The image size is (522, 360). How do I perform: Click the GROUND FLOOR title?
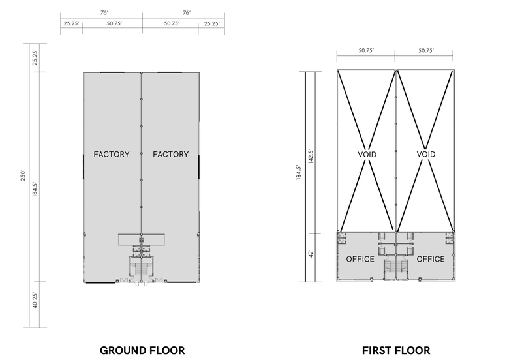click(142, 350)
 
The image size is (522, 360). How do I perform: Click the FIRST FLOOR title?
click(396, 350)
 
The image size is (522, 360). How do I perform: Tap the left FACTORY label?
click(112, 154)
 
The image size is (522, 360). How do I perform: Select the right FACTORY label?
click(171, 154)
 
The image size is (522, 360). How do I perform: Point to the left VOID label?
click(367, 155)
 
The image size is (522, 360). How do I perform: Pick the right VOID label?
click(426, 154)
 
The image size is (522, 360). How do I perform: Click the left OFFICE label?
click(360, 259)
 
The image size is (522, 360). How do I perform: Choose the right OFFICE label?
click(431, 259)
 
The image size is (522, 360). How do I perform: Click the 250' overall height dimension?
click(23, 175)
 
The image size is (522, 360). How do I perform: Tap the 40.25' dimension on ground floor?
click(35, 301)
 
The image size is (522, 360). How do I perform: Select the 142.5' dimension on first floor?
click(311, 156)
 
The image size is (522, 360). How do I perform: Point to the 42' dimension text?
click(311, 254)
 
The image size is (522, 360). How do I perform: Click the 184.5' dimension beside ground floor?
click(35, 189)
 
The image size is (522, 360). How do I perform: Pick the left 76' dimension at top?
click(104, 13)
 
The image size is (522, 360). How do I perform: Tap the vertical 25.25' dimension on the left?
click(35, 57)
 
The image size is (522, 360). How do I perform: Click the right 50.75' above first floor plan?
click(426, 51)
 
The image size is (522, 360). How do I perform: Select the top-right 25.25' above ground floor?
click(211, 23)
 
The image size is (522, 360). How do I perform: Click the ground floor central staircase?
click(142, 269)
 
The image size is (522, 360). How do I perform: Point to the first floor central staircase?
click(396, 269)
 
